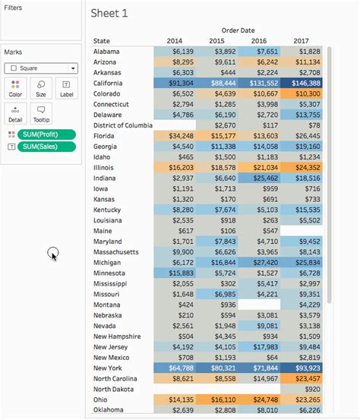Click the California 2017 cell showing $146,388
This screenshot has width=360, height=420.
click(x=302, y=82)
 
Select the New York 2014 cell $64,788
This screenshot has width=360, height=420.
click(x=174, y=367)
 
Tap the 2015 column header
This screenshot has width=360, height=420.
click(x=216, y=41)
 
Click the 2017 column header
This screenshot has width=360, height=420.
click(x=302, y=41)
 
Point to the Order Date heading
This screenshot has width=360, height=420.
click(x=238, y=30)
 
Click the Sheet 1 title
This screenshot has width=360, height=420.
click(x=109, y=13)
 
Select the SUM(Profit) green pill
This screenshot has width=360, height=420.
click(x=46, y=134)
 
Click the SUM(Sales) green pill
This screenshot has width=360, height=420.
click(x=46, y=146)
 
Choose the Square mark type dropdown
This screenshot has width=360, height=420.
click(x=41, y=68)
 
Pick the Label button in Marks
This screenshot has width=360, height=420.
click(x=66, y=88)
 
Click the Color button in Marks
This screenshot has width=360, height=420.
click(x=15, y=88)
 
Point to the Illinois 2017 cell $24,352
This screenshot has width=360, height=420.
click(x=302, y=166)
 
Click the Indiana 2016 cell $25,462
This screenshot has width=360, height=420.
click(x=259, y=177)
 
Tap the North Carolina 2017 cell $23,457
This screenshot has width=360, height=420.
click(x=302, y=377)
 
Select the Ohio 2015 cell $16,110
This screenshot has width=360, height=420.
click(x=216, y=398)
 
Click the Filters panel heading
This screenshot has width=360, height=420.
click(x=13, y=7)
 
